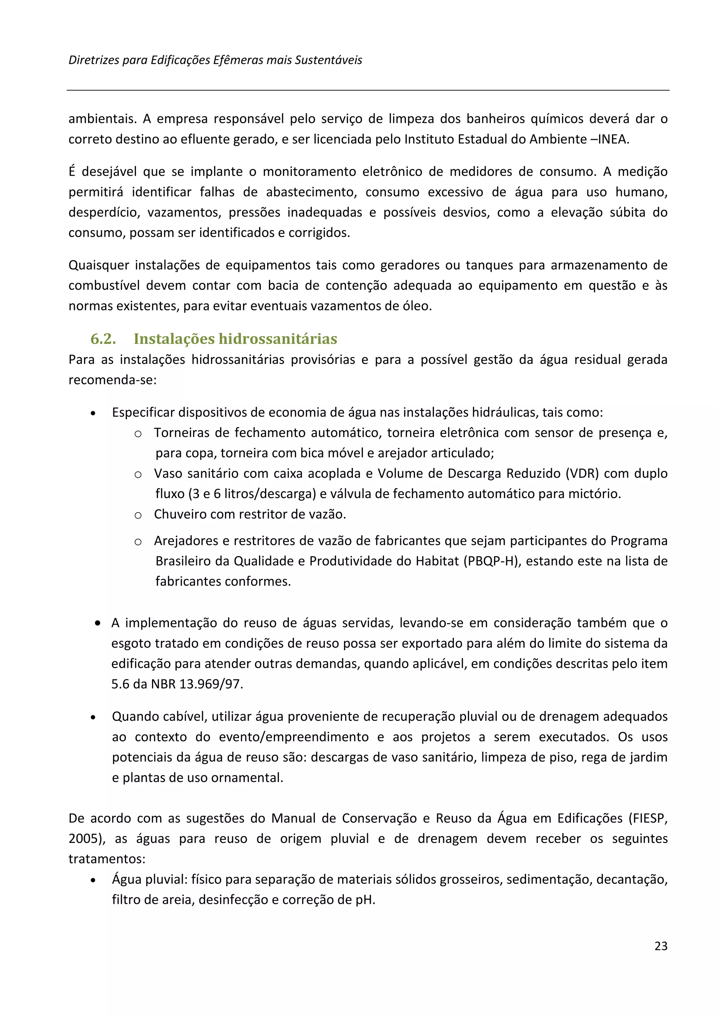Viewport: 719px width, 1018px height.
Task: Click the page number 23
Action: tap(660, 946)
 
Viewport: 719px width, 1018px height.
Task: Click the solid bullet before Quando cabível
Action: tap(93, 717)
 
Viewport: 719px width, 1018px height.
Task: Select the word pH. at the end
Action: tap(365, 900)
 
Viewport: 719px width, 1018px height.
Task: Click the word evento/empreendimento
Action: tap(294, 737)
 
